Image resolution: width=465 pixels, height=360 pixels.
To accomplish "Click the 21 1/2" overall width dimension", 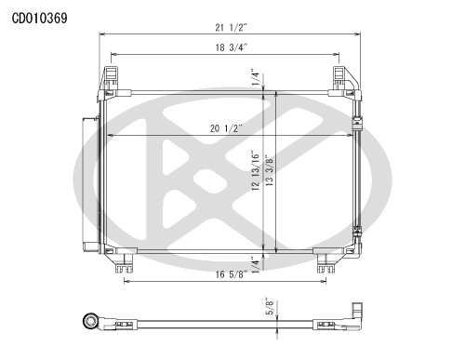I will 230,28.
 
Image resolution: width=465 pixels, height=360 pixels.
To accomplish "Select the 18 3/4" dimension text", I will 225,47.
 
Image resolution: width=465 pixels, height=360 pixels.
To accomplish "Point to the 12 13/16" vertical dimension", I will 254,172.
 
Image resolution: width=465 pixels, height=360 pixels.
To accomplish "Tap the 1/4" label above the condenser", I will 254,77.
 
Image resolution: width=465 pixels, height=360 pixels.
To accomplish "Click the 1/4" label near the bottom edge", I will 254,261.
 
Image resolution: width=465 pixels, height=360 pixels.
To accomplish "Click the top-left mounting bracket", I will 111,75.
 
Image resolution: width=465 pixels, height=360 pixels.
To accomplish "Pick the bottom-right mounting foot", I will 325,266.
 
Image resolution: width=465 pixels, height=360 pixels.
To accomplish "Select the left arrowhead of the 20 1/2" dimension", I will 105,137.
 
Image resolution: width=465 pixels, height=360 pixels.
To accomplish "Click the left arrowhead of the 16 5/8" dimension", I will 125,281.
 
